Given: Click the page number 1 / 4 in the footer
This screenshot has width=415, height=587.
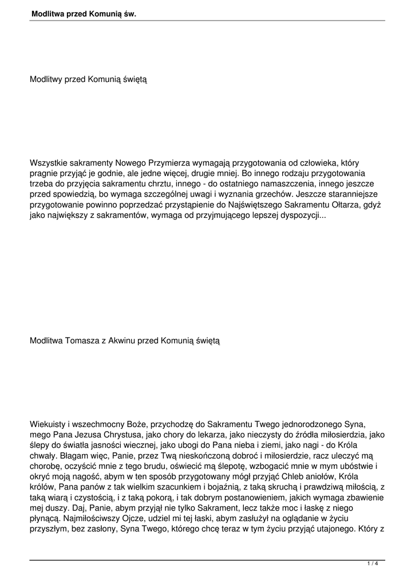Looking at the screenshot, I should pos(373,563).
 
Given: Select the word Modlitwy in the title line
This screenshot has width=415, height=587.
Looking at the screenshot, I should pos(46,80).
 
